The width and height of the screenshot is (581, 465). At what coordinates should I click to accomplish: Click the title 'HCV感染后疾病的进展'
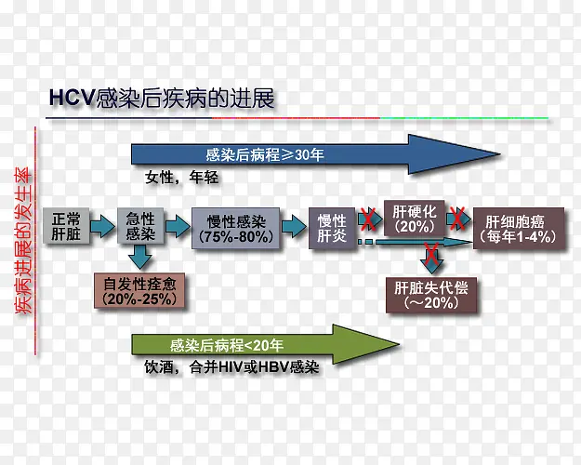pos(162,99)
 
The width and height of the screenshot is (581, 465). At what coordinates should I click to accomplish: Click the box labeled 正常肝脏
pos(67,226)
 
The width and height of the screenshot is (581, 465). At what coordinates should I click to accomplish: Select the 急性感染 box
pos(140,226)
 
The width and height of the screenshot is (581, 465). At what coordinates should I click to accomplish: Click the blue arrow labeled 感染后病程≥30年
pos(270,154)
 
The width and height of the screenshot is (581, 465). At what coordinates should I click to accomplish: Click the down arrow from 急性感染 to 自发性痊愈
pos(140,258)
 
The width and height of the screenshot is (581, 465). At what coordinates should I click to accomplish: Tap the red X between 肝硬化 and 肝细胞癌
pos(457,219)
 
